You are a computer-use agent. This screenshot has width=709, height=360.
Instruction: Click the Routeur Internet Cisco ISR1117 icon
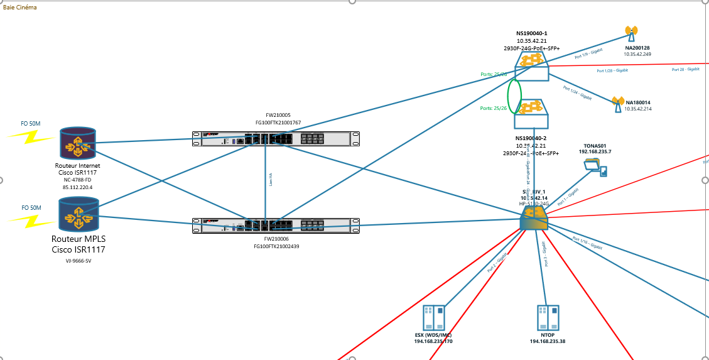[78, 143]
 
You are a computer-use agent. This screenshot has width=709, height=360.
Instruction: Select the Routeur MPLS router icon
[78, 214]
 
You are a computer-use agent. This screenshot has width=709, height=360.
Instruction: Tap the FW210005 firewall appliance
[278, 139]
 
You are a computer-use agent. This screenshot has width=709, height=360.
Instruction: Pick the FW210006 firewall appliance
[278, 226]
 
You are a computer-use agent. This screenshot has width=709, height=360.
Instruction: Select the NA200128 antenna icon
[631, 33]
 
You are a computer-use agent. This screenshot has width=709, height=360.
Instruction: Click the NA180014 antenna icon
[617, 104]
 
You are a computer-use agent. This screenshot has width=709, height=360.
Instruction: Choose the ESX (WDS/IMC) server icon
[433, 318]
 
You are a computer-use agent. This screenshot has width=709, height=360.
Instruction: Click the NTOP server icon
[548, 318]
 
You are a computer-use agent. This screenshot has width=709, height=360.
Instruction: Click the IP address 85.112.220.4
[78, 187]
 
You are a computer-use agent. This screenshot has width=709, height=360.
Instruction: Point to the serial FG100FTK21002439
[277, 247]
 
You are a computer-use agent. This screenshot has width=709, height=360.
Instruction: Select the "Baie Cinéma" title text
[20, 8]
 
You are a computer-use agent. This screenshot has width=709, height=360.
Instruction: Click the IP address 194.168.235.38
[547, 341]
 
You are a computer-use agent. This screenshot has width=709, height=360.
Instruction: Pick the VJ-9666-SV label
[78, 261]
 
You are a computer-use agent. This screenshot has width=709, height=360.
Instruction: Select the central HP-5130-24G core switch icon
[534, 219]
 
